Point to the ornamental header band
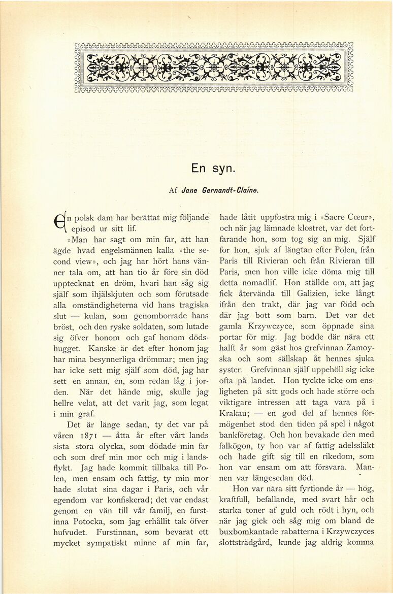(213, 68)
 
